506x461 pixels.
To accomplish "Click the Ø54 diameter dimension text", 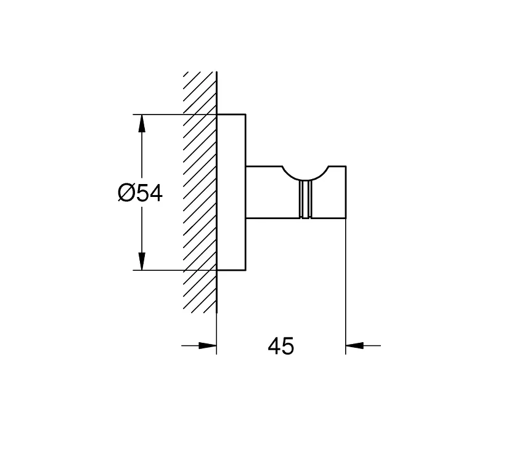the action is tap(141, 193).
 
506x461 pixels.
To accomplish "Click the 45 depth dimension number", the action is tap(281, 346).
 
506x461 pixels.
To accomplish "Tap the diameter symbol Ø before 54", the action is tap(126, 193).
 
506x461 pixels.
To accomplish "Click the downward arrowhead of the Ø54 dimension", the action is tap(141, 261).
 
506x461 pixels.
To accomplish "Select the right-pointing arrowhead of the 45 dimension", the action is tap(208, 345).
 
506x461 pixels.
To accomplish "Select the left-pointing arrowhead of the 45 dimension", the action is tap(354, 345).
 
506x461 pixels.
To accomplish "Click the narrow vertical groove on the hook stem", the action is tap(305, 199).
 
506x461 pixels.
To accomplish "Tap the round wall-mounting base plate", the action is tap(231, 192).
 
